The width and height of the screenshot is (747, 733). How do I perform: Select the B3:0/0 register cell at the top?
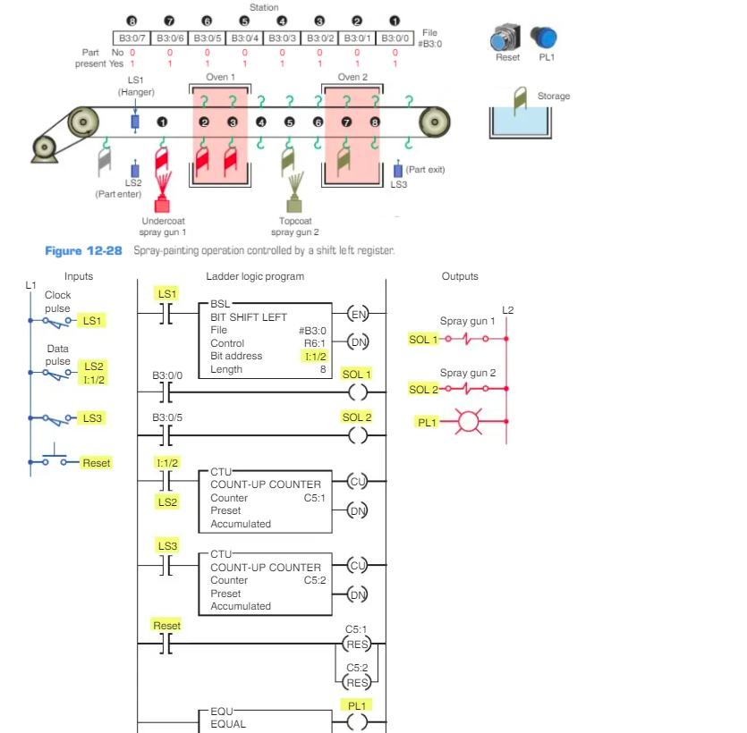395,38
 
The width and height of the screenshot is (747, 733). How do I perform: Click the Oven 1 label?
220,78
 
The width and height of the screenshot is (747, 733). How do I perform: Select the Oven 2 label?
352,78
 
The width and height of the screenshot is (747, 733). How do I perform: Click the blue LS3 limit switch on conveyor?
398,169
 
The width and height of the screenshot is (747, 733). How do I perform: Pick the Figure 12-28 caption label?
83,251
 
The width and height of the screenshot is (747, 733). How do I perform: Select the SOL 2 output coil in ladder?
357,434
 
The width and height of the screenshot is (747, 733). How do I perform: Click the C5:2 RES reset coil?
357,683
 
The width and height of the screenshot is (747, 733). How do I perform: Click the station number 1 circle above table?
395,21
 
